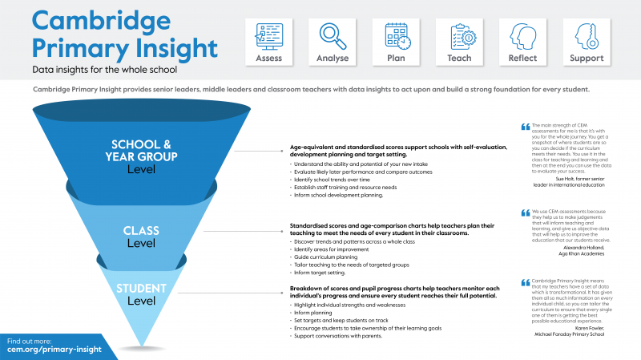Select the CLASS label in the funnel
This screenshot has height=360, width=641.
(x=141, y=230)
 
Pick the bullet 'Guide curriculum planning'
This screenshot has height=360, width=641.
(x=325, y=257)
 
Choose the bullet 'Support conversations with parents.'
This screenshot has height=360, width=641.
(x=337, y=334)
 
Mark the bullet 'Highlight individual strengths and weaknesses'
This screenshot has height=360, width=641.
(x=349, y=305)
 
